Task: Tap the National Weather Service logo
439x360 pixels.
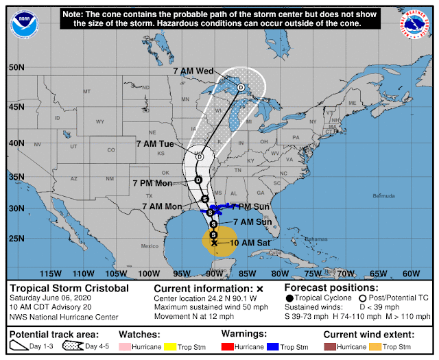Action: pyautogui.click(x=415, y=25)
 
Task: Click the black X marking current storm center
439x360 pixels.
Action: pyautogui.click(x=214, y=243)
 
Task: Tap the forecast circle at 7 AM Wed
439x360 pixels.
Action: pyautogui.click(x=241, y=87)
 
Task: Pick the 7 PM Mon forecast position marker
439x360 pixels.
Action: pyautogui.click(x=198, y=180)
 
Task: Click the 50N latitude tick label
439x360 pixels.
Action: pyautogui.click(x=17, y=67)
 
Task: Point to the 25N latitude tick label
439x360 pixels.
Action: pyautogui.click(x=17, y=239)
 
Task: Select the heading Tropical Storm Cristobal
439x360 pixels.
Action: pyautogui.click(x=69, y=289)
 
